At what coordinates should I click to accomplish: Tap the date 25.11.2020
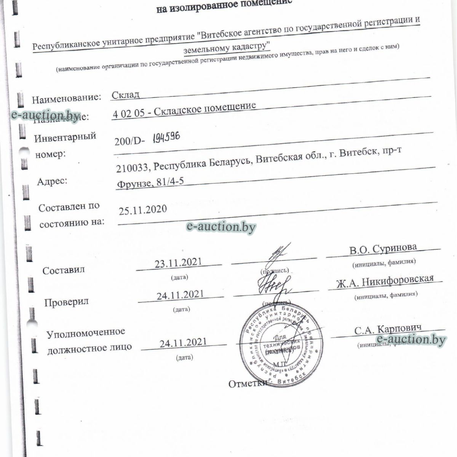pos(143,209)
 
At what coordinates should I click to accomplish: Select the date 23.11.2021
pos(178,263)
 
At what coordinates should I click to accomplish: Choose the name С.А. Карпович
pos(388,330)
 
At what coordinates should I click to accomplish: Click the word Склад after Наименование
pos(126,95)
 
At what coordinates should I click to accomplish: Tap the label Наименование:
pos(67,99)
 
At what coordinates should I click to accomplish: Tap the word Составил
pos(64,270)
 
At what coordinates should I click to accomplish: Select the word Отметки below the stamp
pos(248,383)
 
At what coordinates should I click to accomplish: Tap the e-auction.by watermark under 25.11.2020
pos(221,227)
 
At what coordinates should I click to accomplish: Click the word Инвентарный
pos(65,137)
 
